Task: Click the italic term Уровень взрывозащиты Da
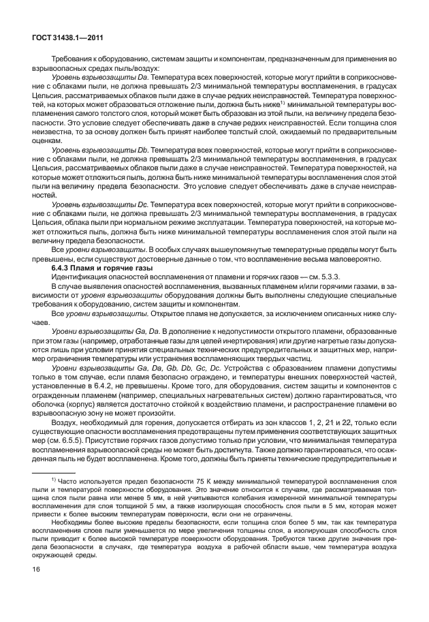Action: (98, 80)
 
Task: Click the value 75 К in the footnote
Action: (208, 481)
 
